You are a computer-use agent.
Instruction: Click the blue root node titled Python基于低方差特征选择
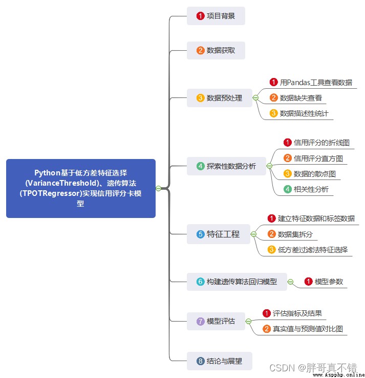(81, 188)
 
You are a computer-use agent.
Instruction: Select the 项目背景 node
(216, 16)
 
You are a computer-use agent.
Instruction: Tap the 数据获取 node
(216, 50)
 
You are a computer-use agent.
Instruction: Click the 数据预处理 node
(220, 98)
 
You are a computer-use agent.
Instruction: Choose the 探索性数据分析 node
(226, 166)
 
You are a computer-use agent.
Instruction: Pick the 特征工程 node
(219, 234)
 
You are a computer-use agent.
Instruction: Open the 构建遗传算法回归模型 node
(237, 282)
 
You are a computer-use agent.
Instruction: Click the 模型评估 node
(216, 321)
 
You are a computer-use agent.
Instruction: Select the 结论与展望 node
(220, 361)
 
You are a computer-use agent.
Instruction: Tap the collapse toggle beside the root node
(158, 188)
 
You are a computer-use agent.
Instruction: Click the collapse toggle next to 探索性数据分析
(269, 166)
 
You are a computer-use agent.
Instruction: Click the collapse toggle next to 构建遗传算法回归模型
(290, 282)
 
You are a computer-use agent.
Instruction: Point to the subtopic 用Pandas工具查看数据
(311, 83)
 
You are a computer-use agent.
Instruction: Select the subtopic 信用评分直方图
(313, 158)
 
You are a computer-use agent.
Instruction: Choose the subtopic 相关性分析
(306, 189)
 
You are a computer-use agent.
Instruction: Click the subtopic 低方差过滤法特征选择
(308, 250)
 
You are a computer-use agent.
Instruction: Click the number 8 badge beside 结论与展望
(200, 361)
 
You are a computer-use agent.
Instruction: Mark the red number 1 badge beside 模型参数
(308, 282)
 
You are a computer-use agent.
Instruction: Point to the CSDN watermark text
(313, 368)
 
